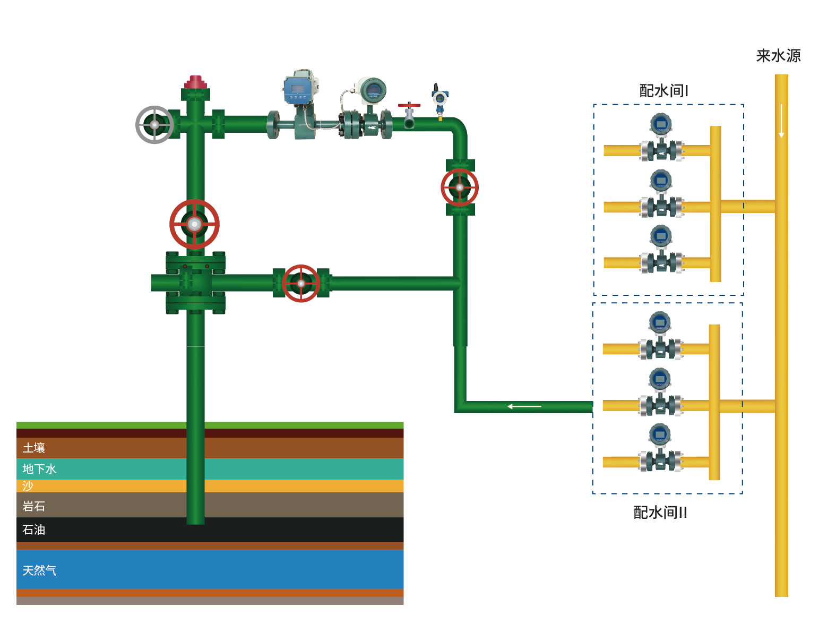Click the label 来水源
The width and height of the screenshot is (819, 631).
[778, 56]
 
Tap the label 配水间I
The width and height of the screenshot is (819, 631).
[663, 91]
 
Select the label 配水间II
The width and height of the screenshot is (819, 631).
[660, 513]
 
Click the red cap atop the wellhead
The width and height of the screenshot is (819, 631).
[195, 82]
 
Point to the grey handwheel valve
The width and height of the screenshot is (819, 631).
[154, 125]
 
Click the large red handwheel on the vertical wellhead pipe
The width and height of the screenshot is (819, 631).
[194, 224]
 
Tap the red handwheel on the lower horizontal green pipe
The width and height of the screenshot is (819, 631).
[301, 284]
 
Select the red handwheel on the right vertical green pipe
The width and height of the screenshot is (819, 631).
[460, 187]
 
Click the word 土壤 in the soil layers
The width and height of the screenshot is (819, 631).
[33, 448]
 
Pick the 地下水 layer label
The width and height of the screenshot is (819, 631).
[39, 469]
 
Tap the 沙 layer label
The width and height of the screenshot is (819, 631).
[28, 486]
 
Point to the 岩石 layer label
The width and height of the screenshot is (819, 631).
[33, 506]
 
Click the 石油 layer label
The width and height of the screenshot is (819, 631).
[33, 530]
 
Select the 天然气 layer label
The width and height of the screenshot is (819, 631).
[39, 570]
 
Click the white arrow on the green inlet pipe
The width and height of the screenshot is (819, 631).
[524, 406]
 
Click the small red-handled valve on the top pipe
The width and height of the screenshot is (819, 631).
[409, 114]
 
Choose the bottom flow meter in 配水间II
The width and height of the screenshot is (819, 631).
[660, 449]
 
